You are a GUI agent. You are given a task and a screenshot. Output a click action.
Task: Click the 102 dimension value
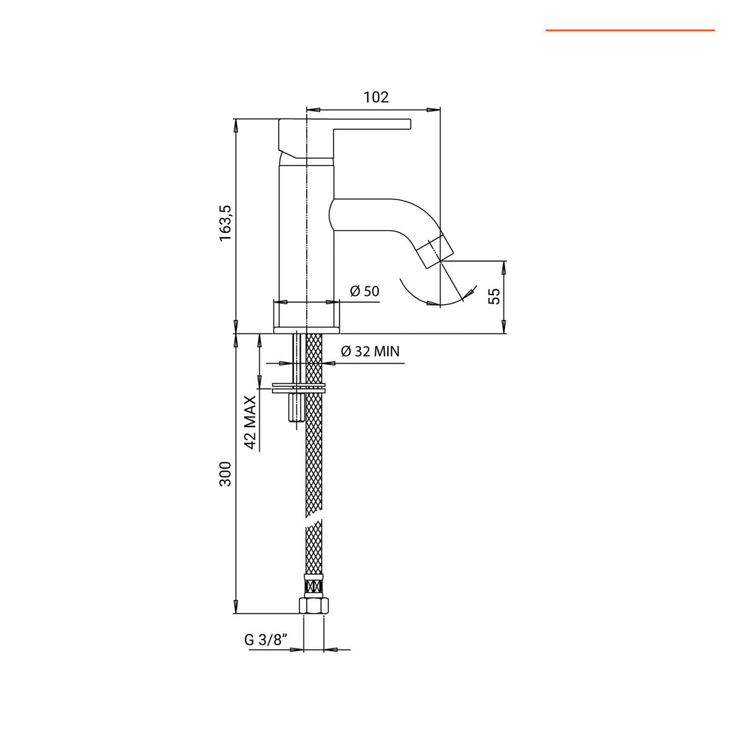376,97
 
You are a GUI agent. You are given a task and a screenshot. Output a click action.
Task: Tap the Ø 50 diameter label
364,291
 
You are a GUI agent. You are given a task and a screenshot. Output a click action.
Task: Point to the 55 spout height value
494,296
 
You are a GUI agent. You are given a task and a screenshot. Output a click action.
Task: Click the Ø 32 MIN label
370,352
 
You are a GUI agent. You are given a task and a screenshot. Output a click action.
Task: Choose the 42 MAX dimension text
250,422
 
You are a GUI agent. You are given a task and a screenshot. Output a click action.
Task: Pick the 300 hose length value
225,474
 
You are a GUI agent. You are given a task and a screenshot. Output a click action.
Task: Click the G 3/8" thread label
266,640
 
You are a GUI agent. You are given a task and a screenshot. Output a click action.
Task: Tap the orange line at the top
629,30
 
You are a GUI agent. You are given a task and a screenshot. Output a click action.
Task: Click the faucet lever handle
342,126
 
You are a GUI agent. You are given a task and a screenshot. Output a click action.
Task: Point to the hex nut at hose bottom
314,605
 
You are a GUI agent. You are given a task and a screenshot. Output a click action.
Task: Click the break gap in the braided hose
314,521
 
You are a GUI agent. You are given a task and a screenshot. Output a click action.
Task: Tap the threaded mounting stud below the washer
296,409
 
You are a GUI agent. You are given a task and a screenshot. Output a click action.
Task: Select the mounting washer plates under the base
299,388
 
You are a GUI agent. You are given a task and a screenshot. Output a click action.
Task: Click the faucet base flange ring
307,330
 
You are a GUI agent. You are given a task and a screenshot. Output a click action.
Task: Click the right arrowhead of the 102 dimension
435,109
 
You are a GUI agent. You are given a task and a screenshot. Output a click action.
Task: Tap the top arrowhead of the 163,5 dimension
236,124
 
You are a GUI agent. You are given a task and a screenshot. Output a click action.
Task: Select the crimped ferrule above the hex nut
314,586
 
